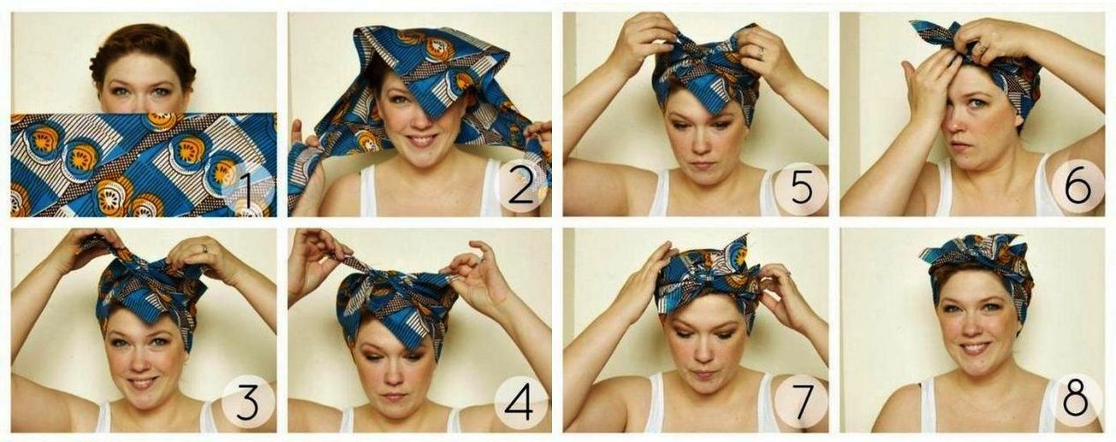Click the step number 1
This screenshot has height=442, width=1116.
tap(244, 191)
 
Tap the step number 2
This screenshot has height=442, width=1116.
tap(521, 188)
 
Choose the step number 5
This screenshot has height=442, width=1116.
tap(802, 187)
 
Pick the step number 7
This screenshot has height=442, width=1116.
tap(802, 401)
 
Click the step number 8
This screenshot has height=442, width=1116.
tap(1076, 401)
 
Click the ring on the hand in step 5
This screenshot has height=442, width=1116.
tap(761, 51)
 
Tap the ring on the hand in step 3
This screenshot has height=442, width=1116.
tap(205, 249)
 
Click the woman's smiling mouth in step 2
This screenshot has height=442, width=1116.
tap(423, 139)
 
